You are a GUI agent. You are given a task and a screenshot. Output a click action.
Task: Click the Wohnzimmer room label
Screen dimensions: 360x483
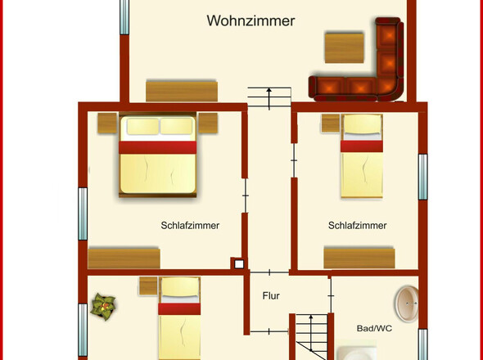[x=251, y=21]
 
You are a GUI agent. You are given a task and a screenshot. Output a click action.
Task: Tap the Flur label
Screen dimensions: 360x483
[x=271, y=295]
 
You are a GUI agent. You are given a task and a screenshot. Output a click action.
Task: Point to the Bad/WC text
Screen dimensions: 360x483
[x=374, y=328]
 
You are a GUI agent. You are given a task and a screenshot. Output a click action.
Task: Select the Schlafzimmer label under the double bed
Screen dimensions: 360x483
[x=189, y=225]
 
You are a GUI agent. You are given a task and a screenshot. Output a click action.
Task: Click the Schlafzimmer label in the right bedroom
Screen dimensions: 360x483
[x=357, y=225]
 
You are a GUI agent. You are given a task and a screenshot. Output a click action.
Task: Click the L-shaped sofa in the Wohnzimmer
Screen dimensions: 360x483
[x=364, y=72]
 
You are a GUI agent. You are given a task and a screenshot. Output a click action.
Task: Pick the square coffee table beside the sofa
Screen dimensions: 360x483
[x=344, y=47]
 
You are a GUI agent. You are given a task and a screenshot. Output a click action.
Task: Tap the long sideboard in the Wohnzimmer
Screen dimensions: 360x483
[x=181, y=90]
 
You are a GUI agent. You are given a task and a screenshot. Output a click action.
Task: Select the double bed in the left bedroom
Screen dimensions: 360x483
[x=159, y=155]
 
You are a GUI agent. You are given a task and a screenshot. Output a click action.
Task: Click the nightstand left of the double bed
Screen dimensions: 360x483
[x=107, y=124]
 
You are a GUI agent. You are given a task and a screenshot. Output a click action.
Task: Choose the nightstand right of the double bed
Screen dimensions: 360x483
[x=208, y=124]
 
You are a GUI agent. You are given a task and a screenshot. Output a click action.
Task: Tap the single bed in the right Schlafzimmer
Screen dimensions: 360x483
[x=361, y=155]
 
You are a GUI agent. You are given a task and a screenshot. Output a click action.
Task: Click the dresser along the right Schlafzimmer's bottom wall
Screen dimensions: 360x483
[x=359, y=257]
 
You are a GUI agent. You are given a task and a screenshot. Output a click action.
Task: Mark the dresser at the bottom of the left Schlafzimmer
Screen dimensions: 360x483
[x=124, y=257]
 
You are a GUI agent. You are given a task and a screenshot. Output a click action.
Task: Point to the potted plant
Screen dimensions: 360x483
[x=104, y=306]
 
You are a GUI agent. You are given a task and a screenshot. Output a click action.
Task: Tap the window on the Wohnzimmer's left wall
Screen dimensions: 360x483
[x=124, y=17]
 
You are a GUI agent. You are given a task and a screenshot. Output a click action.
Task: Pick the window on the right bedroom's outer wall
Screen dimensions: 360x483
[x=423, y=177]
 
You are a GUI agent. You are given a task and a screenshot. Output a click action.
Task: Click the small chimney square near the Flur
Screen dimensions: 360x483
[x=237, y=264]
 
